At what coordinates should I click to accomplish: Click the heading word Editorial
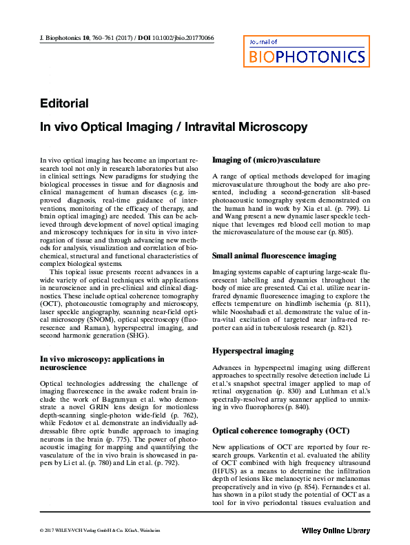tap(64, 103)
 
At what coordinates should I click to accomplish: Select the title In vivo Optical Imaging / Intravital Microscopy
tap(163, 127)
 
